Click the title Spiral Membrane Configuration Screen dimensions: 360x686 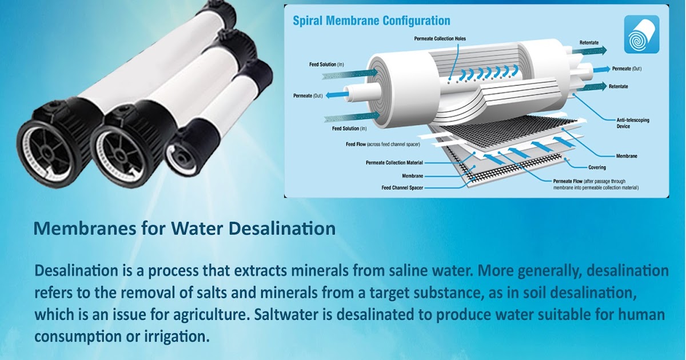pos(371,21)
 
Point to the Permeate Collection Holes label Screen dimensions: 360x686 pos(440,39)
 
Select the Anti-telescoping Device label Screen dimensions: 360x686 pos(633,123)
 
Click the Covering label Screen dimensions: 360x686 pos(597,167)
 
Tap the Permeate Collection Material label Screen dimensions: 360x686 pos(394,163)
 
